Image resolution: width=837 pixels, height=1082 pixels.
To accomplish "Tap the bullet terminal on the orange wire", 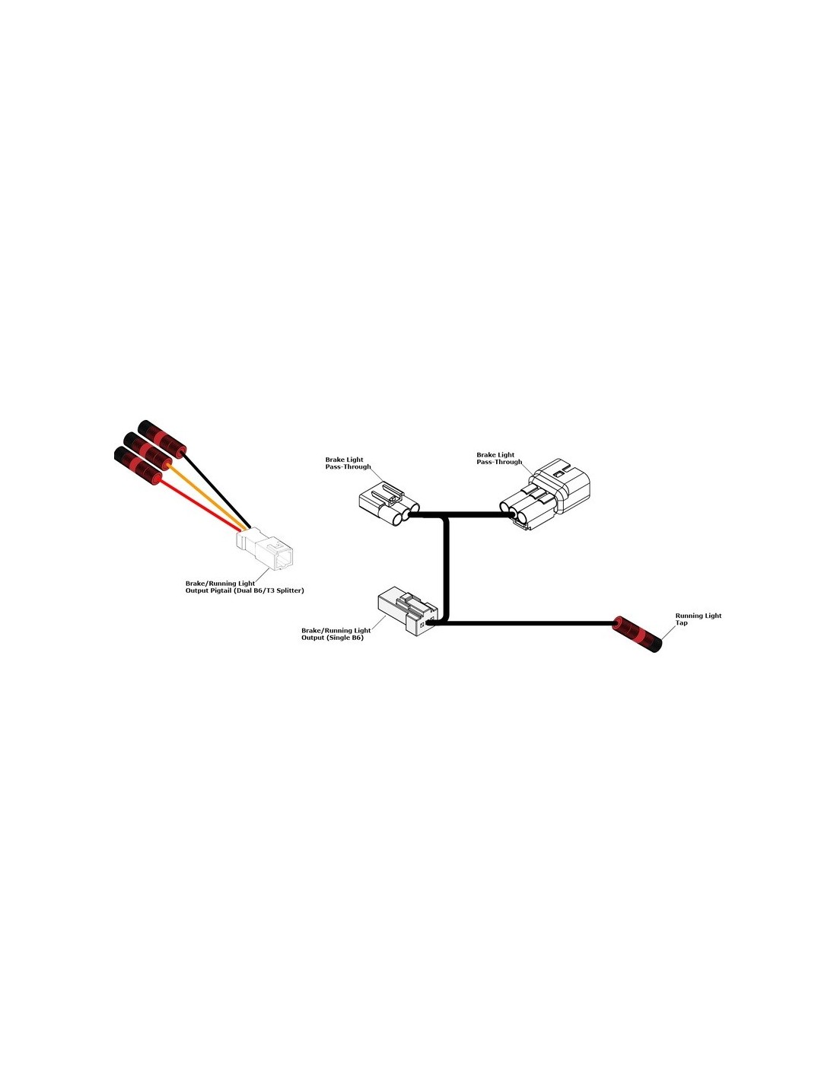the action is coord(148,452).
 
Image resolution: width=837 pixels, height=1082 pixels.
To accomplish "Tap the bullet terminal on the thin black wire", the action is coord(161,439).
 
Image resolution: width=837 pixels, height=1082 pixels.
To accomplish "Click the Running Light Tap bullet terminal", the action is coord(638,634).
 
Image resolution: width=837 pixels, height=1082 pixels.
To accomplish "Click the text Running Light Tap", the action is coord(698,619).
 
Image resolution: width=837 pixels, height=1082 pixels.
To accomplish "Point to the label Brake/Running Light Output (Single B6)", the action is coord(336,634).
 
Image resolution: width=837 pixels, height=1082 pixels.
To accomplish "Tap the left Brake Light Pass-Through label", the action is coord(348,463).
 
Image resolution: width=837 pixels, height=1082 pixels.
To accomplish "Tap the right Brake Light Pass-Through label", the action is coord(499,458).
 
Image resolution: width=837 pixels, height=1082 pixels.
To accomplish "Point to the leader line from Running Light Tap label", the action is coord(668,633).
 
